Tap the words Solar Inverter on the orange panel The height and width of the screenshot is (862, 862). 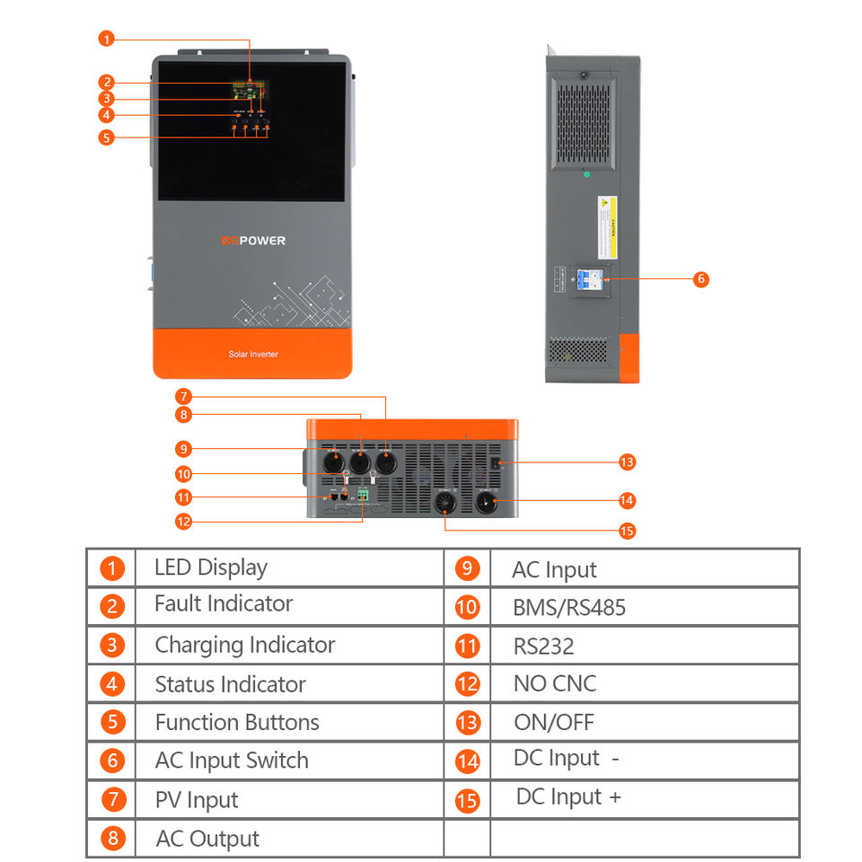tap(252, 355)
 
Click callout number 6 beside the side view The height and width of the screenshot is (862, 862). tap(701, 279)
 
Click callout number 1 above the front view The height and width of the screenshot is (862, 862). tap(107, 39)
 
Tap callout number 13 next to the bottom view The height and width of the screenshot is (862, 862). tap(627, 462)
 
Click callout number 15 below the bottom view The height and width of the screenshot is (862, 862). tap(627, 531)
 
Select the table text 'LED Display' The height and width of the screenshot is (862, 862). tap(210, 567)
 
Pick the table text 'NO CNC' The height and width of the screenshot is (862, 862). tap(554, 683)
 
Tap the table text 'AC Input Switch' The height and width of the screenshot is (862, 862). tap(232, 761)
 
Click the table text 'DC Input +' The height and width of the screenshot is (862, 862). tap(567, 797)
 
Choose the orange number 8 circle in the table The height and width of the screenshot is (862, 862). tap(112, 840)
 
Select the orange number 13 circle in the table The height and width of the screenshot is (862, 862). tap(468, 723)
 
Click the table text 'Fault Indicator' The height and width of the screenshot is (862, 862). tap(223, 604)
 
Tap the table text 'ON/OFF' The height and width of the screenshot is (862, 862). tap(553, 723)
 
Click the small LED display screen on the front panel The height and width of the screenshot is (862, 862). tap(247, 91)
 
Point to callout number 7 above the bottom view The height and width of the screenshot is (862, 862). tap(183, 396)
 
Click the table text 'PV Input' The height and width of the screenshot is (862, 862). tap(197, 800)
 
